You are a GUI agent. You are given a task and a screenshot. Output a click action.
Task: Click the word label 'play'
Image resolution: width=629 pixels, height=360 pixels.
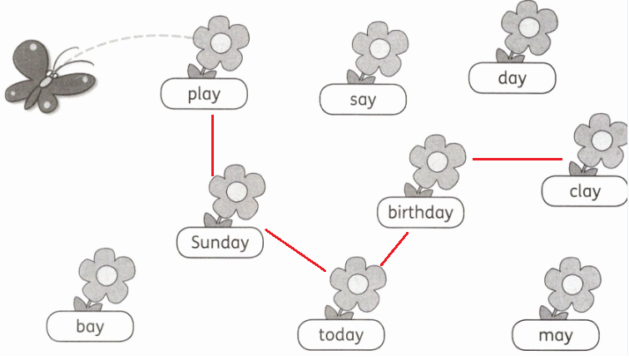204,94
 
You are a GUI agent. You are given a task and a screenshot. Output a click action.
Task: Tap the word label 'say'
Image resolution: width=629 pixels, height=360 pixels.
363,100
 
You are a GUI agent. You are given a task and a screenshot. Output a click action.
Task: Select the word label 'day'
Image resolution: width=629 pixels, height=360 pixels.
512,78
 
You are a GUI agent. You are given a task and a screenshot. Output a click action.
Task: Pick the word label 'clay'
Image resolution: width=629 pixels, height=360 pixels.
584,190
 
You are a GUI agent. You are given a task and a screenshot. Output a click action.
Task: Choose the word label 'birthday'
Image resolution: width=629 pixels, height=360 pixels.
420,212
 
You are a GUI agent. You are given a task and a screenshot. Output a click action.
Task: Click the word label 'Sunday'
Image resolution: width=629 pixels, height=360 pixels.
220,243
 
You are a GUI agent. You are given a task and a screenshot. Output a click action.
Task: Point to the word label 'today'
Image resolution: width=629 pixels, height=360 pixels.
341,335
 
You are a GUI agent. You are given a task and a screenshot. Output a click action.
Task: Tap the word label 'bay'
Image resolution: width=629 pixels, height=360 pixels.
90,326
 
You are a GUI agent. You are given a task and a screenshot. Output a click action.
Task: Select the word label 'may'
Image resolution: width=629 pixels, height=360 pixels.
555,335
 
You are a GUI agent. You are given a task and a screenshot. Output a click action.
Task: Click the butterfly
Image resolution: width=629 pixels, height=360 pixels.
46,75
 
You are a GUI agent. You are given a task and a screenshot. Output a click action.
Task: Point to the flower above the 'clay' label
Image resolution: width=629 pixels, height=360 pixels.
601,140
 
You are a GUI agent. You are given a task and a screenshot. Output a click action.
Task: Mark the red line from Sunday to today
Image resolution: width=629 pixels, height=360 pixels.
295,249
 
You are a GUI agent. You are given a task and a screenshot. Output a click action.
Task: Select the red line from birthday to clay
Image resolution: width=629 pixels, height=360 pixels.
518,158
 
